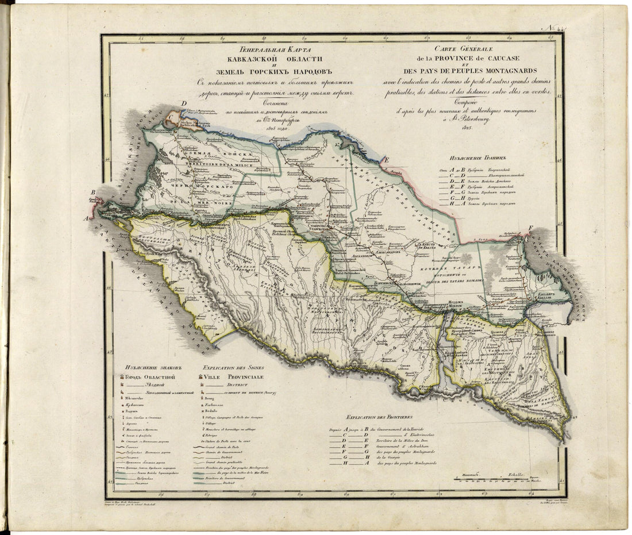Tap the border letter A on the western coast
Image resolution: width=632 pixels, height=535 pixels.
(86, 218)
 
